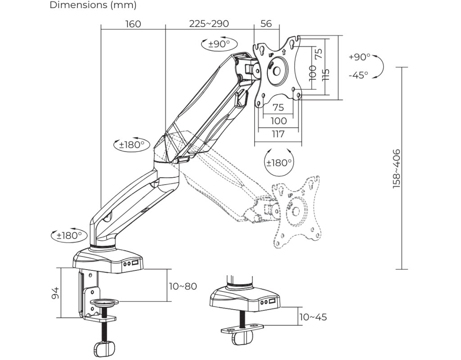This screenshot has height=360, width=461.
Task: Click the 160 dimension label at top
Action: click(133, 24)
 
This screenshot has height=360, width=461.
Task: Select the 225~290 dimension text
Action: click(209, 23)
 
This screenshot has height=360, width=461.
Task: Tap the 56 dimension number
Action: click(266, 23)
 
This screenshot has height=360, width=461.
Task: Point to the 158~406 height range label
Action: click(397, 168)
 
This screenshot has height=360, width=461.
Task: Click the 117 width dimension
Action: click(278, 134)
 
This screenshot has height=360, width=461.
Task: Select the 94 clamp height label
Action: click(55, 293)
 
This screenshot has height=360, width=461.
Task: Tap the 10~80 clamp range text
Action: click(183, 286)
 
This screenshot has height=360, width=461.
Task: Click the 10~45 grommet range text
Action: click(313, 317)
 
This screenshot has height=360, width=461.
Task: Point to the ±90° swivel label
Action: click(219, 44)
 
